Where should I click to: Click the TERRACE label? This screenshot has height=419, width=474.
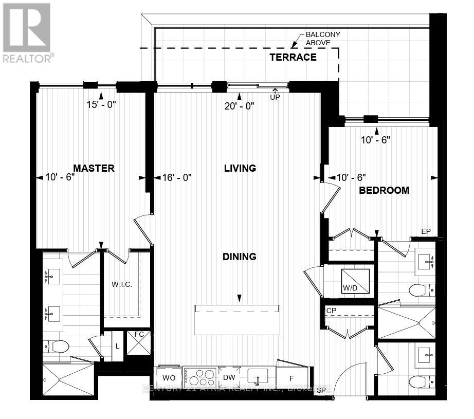point(293,57)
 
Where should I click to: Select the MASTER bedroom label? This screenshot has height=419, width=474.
point(93,168)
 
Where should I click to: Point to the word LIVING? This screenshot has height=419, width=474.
point(240,168)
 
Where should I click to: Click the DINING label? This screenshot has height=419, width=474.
point(240,257)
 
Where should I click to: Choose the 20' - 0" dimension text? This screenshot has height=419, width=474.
point(240,106)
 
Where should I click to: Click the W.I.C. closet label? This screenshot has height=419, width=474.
point(122,284)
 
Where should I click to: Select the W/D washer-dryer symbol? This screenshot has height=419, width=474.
point(355,283)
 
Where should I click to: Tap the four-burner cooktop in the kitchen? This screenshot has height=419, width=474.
point(200,377)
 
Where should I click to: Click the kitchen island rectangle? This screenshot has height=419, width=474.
point(237,319)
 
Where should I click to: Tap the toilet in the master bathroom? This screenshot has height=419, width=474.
point(57,347)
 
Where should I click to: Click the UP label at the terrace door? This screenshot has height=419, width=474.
point(275,97)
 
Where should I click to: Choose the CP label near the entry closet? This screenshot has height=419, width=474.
point(331,311)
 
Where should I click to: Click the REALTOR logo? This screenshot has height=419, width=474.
point(27,32)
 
